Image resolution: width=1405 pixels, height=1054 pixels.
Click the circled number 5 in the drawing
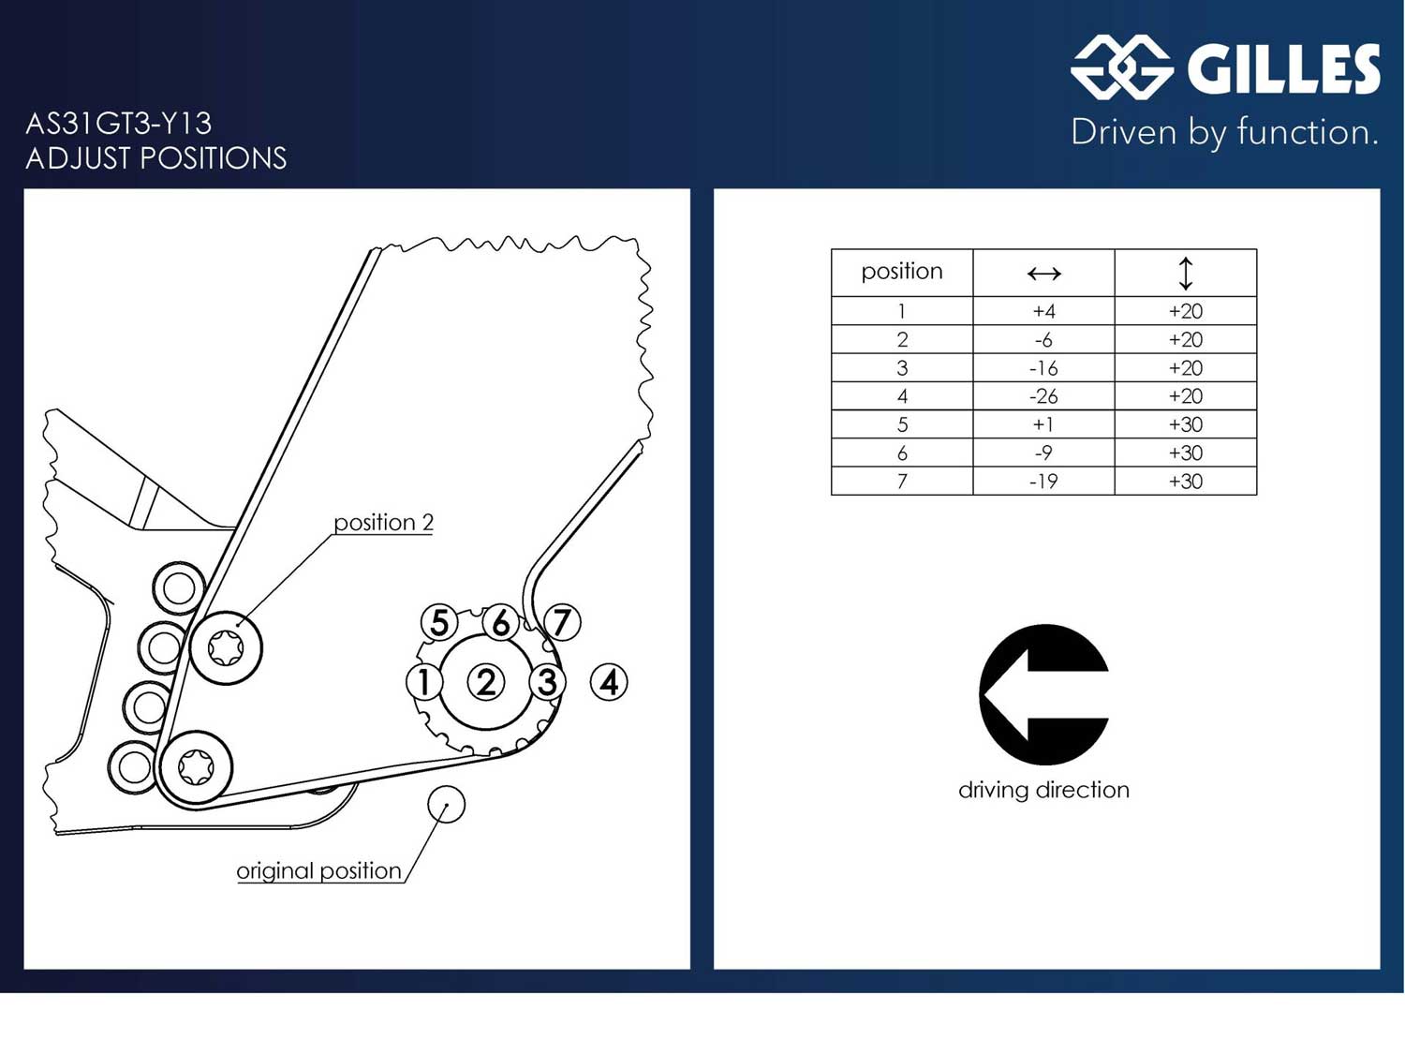[x=439, y=622]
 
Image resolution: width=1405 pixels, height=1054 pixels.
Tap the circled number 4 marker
[x=609, y=682]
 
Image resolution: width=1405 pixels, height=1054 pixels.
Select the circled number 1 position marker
[x=424, y=682]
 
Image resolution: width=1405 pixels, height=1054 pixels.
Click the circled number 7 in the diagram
[x=561, y=622]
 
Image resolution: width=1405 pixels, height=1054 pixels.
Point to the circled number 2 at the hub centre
[x=485, y=682]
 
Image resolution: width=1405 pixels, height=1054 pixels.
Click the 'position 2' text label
[x=383, y=522]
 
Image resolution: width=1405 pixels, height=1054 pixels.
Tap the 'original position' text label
[x=318, y=870]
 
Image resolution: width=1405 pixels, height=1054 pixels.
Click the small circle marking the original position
[x=447, y=804]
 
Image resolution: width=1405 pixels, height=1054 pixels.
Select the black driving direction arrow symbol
[x=1043, y=694]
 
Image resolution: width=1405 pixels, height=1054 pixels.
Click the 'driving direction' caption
[x=1043, y=790]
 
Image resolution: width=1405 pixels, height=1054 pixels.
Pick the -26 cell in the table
[x=1043, y=396]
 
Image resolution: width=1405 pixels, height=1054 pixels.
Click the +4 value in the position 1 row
[x=1043, y=311]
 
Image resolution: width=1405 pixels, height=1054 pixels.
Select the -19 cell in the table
[x=1043, y=482]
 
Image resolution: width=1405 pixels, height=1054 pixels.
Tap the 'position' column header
[x=901, y=272]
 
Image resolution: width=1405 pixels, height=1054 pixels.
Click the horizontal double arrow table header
[x=1043, y=274]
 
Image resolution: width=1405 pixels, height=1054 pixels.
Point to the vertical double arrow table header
[x=1185, y=274]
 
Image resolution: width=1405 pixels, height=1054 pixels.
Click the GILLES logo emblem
[x=1121, y=67]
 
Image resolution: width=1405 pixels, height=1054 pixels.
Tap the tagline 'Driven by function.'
[x=1224, y=132]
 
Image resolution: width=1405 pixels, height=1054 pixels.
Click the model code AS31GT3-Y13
[x=119, y=124]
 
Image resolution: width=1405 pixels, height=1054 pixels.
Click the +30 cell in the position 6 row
[x=1185, y=453]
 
